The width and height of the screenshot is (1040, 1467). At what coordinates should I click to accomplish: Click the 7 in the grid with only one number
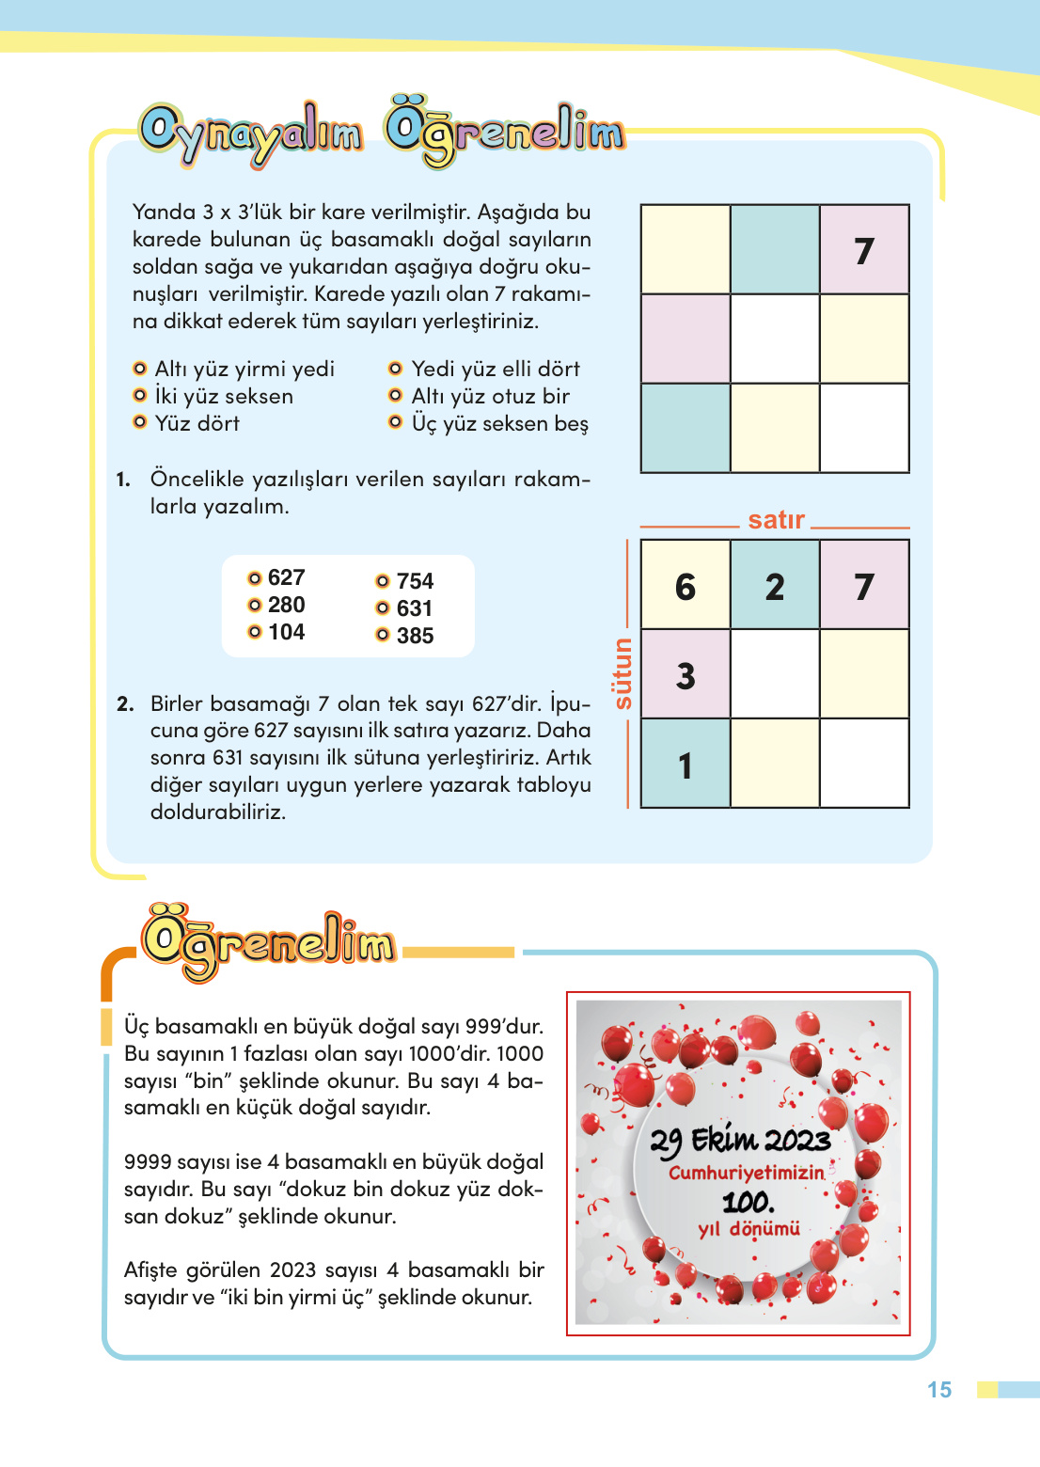tap(864, 251)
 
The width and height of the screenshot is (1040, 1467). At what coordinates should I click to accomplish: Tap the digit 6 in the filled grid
tap(685, 587)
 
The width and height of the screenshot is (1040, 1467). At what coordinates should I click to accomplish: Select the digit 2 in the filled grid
tap(775, 587)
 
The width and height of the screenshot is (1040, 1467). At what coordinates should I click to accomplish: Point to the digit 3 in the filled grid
tap(685, 676)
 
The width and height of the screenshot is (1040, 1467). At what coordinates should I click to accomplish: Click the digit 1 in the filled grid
tap(685, 765)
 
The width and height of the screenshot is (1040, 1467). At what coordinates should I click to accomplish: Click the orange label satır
tap(776, 520)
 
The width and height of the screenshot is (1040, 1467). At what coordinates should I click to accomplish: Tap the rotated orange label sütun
tap(622, 673)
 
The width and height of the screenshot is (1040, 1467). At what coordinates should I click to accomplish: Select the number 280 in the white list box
tap(286, 605)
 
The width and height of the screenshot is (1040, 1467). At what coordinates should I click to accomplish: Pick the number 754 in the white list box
tap(415, 581)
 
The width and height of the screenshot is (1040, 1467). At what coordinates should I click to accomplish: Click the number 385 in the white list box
tap(415, 636)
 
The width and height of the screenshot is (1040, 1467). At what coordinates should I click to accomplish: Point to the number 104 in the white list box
tap(286, 632)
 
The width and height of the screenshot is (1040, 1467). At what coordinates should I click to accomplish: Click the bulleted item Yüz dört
tap(197, 423)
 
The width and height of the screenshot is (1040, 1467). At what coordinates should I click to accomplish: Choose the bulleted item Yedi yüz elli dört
tap(495, 369)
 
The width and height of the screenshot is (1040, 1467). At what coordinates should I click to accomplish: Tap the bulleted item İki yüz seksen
tap(224, 396)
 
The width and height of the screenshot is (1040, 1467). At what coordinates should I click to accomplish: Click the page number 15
tap(938, 1390)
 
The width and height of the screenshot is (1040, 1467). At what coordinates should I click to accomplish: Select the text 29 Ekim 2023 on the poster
tap(740, 1141)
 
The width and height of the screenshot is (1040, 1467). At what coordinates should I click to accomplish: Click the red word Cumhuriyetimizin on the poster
tap(746, 1173)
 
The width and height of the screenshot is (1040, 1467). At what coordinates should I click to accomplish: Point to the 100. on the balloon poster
tap(748, 1202)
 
